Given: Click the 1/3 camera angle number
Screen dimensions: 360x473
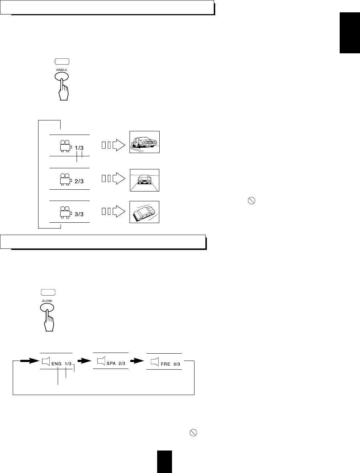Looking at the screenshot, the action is point(79,148).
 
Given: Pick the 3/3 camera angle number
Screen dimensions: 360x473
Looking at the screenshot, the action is point(79,214).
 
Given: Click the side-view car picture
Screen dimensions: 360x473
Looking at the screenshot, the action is point(144,142).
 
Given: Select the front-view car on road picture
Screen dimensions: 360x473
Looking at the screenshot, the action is point(144,180).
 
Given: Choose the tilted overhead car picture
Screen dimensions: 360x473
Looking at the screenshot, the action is point(144,212).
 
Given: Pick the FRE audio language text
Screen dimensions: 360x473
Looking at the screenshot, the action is point(165,364).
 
